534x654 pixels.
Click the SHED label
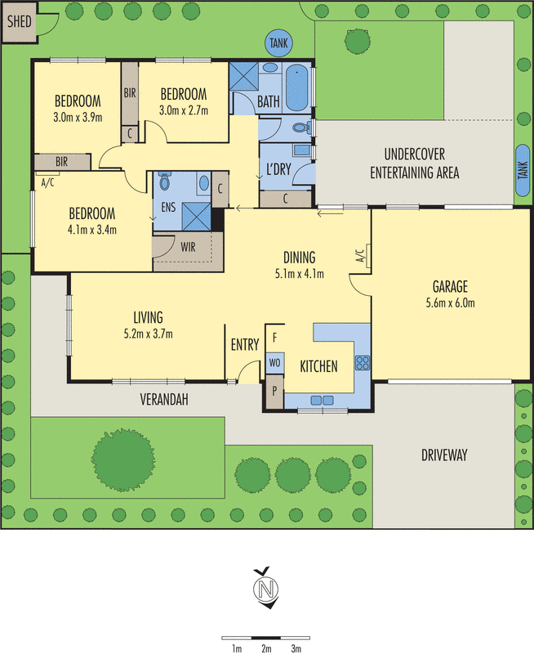click(x=19, y=21)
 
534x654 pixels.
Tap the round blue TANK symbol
click(x=278, y=43)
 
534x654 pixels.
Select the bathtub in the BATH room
click(x=297, y=87)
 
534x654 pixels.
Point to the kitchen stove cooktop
click(x=363, y=363)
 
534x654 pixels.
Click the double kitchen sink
click(x=323, y=401)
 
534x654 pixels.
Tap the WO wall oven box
click(x=275, y=362)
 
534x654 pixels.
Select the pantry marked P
click(x=274, y=392)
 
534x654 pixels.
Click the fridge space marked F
click(x=275, y=338)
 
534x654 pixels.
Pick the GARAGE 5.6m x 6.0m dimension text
click(x=450, y=302)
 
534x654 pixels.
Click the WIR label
click(x=188, y=247)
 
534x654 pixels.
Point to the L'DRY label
click(x=278, y=169)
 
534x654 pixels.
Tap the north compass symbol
click(x=265, y=589)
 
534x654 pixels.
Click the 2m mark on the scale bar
click(x=266, y=648)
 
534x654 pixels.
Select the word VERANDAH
click(x=164, y=400)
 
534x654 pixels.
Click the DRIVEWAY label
click(x=444, y=455)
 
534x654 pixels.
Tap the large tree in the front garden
click(x=122, y=459)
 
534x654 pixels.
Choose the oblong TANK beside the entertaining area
click(x=523, y=170)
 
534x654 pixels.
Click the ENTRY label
click(x=245, y=344)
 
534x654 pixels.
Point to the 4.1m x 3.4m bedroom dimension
click(x=92, y=230)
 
